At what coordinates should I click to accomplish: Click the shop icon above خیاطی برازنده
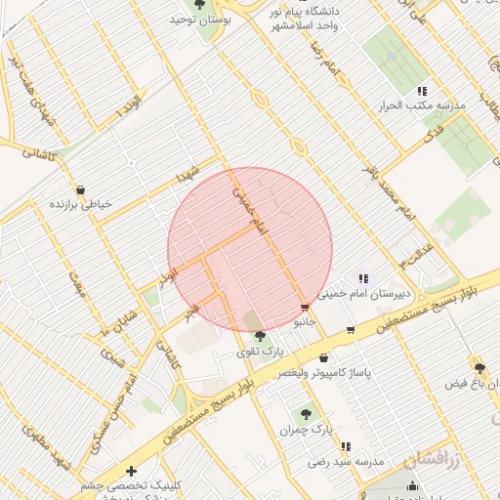(x=79, y=189)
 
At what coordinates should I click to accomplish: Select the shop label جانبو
(x=307, y=320)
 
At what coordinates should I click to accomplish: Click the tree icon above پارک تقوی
(x=259, y=337)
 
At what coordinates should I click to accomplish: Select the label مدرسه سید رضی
(x=349, y=459)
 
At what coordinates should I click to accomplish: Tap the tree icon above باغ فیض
(x=479, y=368)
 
